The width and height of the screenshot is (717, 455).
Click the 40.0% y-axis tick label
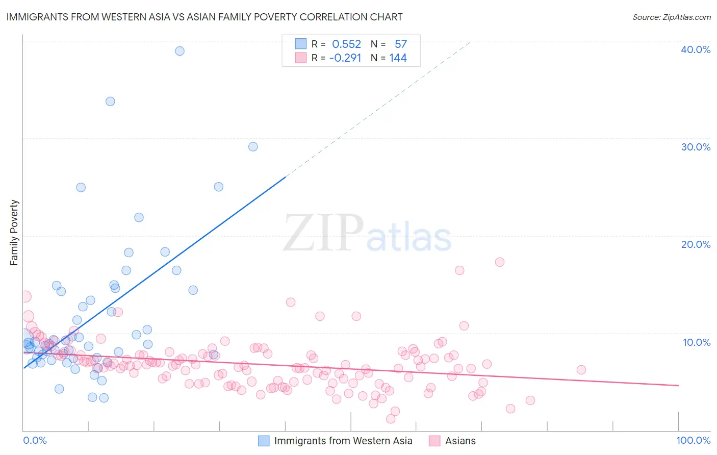[x=695, y=49]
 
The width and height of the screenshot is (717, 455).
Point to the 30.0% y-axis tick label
[x=695, y=147]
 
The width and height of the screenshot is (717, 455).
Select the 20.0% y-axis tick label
[x=695, y=244]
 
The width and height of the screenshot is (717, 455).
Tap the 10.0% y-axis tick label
[x=696, y=342]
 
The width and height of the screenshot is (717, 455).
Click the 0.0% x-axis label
[x=35, y=440]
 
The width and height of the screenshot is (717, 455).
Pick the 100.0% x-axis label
[x=693, y=440]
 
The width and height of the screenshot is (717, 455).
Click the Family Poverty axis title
[x=14, y=233]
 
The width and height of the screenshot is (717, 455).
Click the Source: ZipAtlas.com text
[x=671, y=17]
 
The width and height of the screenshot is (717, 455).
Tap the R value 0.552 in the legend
[x=346, y=44]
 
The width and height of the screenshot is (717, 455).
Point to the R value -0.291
[x=345, y=58]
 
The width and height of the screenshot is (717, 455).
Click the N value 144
[x=398, y=58]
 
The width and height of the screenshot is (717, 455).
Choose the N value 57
[x=400, y=44]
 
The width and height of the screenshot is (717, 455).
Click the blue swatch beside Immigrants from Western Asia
[x=263, y=441]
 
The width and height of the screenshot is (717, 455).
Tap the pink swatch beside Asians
[x=434, y=441]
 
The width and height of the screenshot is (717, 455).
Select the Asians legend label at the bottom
[x=460, y=441]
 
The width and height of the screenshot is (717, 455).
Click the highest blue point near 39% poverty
[x=180, y=51]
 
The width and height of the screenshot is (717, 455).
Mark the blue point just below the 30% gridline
[x=253, y=147]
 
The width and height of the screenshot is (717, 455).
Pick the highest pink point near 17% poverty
[x=500, y=262]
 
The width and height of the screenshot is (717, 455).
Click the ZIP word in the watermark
[x=323, y=233]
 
